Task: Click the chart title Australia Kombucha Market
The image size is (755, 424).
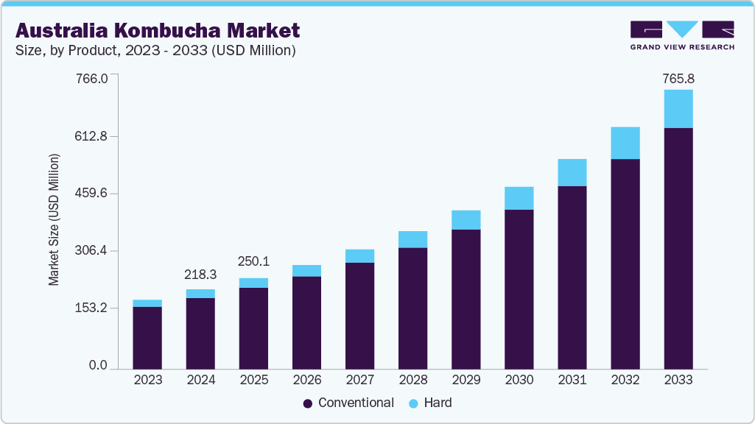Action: click(158, 30)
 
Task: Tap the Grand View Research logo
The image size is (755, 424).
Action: click(682, 35)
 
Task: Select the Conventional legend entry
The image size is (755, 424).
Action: click(348, 403)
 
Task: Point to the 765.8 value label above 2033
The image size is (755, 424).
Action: click(678, 78)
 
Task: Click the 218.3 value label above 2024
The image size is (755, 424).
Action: click(200, 274)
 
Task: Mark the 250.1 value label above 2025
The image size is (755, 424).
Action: click(253, 262)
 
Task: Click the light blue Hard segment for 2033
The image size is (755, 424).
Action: click(678, 109)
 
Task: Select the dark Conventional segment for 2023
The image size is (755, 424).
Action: click(147, 337)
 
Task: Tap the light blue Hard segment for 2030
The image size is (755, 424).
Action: click(519, 198)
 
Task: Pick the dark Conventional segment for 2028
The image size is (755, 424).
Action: click(412, 308)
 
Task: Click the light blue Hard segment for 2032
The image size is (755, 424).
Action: click(625, 143)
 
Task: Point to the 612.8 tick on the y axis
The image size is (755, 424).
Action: click(93, 136)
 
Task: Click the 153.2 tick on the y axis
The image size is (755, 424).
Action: click(93, 308)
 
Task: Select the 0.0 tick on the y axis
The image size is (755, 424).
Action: click(98, 366)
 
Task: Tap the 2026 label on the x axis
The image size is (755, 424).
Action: click(306, 381)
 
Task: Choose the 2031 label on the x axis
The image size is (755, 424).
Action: click(572, 381)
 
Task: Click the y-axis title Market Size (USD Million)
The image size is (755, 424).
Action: click(54, 220)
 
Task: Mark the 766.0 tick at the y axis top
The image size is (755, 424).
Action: click(93, 78)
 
